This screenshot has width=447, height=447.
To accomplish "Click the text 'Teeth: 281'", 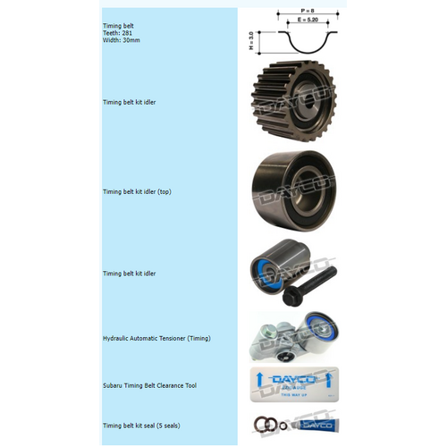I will coord(117,33).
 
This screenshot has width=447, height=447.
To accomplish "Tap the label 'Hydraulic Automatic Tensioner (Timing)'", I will coord(156,339).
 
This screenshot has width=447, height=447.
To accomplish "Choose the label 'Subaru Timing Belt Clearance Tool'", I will coord(149,385).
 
